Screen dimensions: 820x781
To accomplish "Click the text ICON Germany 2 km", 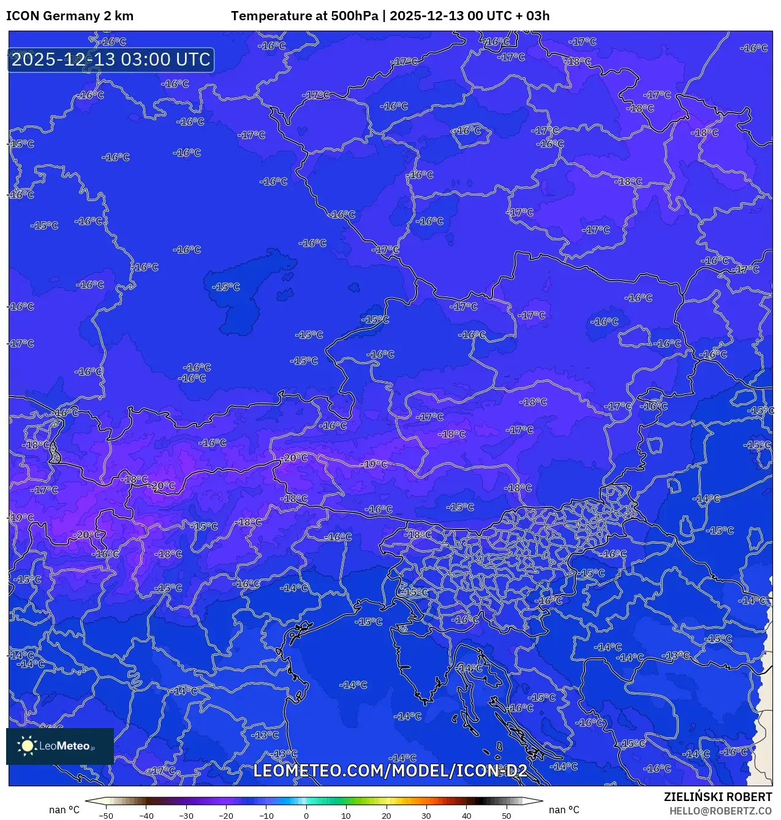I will pyautogui.click(x=70, y=16).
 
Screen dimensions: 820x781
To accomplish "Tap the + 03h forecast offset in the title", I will pyautogui.click(x=532, y=16).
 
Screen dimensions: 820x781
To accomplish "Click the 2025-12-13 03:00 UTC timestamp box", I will pyautogui.click(x=111, y=60).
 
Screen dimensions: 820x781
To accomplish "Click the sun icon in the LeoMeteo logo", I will pyautogui.click(x=27, y=745).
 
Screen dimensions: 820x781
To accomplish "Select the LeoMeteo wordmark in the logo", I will pyautogui.click(x=65, y=746).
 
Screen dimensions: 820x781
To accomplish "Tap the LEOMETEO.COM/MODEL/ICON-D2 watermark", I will pyautogui.click(x=390, y=770).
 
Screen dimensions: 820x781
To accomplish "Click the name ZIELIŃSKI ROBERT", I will pyautogui.click(x=718, y=797).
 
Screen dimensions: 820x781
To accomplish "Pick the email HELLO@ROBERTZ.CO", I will pyautogui.click(x=720, y=811).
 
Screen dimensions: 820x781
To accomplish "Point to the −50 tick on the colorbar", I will pyautogui.click(x=105, y=816).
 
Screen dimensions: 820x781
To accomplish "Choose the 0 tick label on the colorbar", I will pyautogui.click(x=306, y=816).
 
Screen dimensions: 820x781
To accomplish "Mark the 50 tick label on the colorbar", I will pyautogui.click(x=507, y=816).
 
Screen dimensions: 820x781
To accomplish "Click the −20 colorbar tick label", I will pyautogui.click(x=225, y=816).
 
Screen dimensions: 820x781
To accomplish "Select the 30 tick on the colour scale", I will pyautogui.click(x=426, y=816).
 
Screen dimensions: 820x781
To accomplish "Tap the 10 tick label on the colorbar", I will pyautogui.click(x=346, y=816).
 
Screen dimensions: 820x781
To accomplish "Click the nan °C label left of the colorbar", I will pyautogui.click(x=64, y=810).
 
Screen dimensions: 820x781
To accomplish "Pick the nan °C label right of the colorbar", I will pyautogui.click(x=564, y=810).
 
